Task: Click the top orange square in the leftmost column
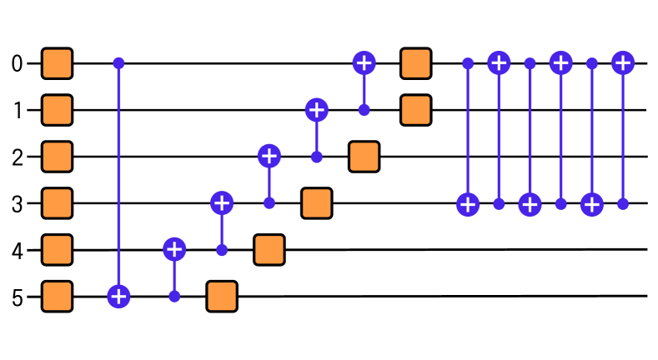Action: click(x=57, y=63)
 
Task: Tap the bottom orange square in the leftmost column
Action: click(x=57, y=296)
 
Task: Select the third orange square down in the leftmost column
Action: click(x=57, y=157)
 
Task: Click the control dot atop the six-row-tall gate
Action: click(x=118, y=63)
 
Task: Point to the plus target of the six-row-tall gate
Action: click(x=118, y=296)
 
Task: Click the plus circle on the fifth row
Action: click(x=174, y=249)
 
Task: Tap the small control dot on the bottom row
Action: click(x=174, y=296)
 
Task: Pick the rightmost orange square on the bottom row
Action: click(x=222, y=296)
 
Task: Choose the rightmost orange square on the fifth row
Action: click(x=269, y=249)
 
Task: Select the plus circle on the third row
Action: click(x=269, y=156)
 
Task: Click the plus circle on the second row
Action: click(x=316, y=110)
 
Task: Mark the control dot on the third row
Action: click(x=316, y=157)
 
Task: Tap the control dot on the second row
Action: click(x=364, y=110)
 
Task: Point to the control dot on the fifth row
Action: click(x=222, y=250)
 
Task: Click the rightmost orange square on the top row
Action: click(x=415, y=63)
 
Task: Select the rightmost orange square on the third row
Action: click(x=364, y=157)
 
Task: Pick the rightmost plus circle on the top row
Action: click(x=622, y=63)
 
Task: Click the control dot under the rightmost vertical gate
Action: click(x=622, y=203)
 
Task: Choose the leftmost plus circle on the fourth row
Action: click(x=222, y=202)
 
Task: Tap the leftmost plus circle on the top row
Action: click(x=364, y=63)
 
